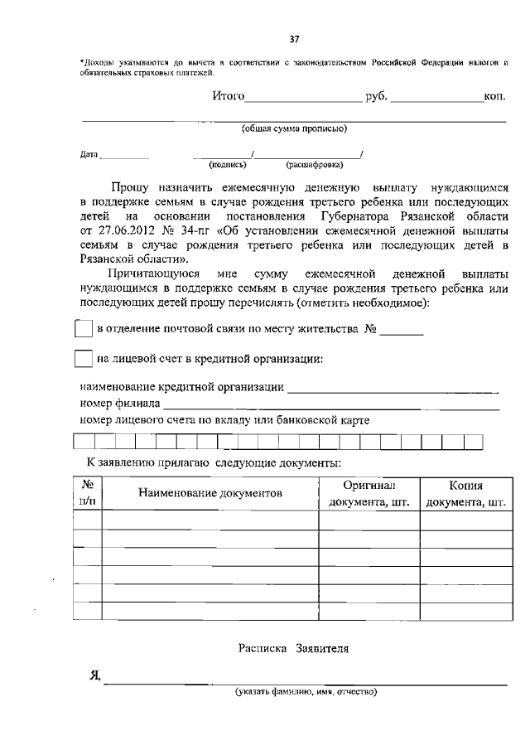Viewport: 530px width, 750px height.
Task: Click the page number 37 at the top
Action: tap(293, 39)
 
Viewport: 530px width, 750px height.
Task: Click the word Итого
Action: tap(228, 97)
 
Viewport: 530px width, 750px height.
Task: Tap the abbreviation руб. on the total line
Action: tap(376, 97)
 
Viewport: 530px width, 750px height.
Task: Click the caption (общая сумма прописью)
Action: tap(293, 128)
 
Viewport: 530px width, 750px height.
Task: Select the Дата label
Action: tap(89, 154)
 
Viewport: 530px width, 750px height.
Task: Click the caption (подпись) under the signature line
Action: tap(223, 164)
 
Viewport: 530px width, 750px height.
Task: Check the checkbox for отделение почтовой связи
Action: tap(83, 329)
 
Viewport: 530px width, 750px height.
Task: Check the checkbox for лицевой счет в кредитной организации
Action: tap(83, 359)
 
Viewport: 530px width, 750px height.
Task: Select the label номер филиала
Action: tap(119, 404)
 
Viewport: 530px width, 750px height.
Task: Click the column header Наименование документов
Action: tap(210, 493)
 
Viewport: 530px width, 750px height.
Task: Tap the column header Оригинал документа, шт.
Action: tap(369, 494)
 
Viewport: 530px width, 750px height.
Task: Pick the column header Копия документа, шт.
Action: tap(465, 494)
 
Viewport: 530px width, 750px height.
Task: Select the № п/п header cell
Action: tap(87, 493)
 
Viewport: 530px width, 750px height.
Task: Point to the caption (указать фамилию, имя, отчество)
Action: tap(306, 692)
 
